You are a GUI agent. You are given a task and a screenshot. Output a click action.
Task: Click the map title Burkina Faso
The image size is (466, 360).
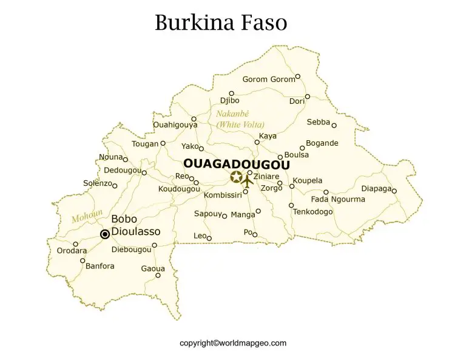220,22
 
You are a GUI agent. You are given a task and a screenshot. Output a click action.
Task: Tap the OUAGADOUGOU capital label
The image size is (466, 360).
236,165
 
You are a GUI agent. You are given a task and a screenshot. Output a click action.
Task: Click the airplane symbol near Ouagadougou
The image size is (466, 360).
248,181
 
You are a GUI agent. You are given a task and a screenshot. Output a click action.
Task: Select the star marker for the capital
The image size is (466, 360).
236,177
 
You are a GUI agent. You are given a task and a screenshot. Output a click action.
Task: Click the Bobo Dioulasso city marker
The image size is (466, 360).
105,234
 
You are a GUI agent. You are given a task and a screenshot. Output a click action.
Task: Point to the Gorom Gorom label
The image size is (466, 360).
268,80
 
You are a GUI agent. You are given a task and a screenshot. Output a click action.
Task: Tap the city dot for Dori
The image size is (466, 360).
308,97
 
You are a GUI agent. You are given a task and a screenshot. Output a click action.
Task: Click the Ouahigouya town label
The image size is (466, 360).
175,125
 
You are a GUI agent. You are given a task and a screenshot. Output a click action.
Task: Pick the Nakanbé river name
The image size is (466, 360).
232,114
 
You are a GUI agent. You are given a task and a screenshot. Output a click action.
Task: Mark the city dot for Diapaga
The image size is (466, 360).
394,191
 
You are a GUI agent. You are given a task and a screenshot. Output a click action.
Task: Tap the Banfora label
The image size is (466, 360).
100,266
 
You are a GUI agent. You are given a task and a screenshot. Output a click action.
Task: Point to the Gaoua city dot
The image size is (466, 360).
158,275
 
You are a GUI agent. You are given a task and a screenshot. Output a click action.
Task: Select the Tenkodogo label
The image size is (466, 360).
312,212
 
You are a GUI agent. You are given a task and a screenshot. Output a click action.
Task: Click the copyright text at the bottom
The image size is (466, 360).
233,343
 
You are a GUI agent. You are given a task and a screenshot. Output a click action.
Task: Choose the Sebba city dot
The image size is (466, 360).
334,126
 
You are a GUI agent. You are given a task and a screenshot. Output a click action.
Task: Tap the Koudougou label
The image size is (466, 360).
179,189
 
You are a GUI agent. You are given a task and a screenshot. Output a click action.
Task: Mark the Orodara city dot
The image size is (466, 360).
76,244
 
